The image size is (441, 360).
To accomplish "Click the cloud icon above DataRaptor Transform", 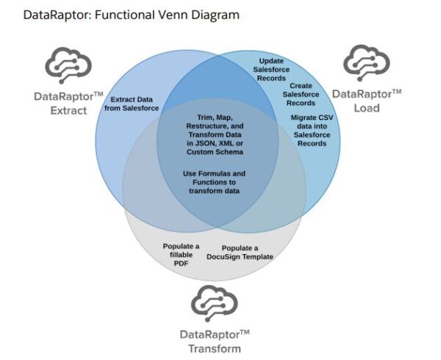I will pyautogui.click(x=215, y=303).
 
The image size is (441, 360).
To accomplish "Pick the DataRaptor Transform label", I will pyautogui.click(x=215, y=340).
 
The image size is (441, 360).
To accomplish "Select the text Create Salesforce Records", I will pyautogui.click(x=301, y=93).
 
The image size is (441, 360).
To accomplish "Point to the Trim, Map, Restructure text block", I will pyautogui.click(x=215, y=134).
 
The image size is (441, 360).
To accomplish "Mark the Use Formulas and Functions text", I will pyautogui.click(x=215, y=181).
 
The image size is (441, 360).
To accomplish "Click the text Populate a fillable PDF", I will pyautogui.click(x=180, y=252).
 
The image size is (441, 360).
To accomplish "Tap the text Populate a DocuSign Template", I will pyautogui.click(x=246, y=251).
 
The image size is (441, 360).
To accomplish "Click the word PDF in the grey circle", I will pyautogui.click(x=180, y=262).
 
